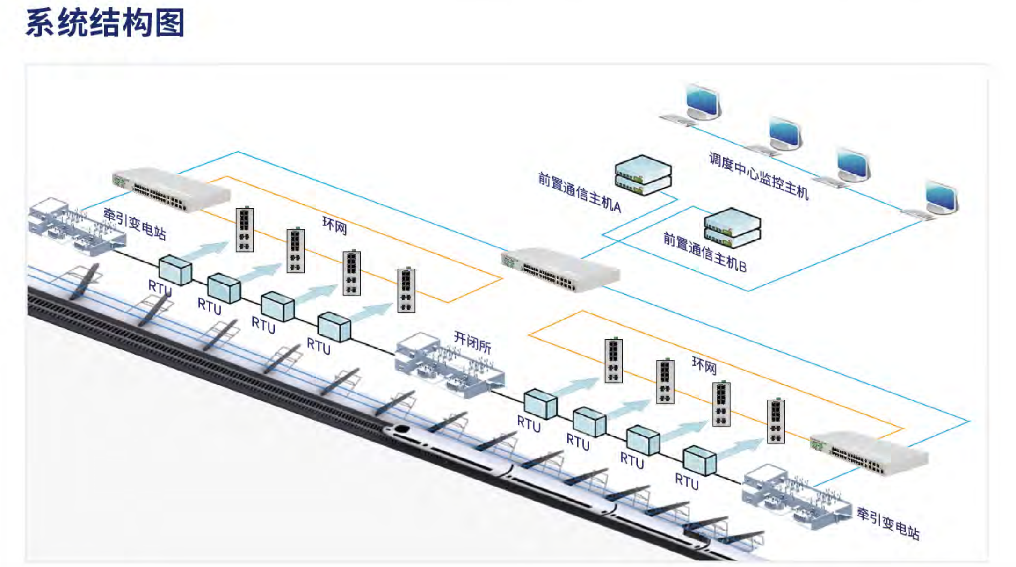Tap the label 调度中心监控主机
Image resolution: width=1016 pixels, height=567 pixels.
758,175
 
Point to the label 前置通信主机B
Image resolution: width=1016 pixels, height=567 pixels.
704,252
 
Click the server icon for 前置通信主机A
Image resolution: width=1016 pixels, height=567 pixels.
643,175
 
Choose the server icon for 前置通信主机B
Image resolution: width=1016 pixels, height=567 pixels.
733,228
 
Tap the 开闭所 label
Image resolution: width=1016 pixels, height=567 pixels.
472,342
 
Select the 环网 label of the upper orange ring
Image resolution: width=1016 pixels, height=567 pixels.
334,225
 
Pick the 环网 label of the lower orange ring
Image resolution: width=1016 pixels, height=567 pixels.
704,365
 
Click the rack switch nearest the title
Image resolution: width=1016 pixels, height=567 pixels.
171,189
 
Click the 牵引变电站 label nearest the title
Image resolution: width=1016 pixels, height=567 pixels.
134,224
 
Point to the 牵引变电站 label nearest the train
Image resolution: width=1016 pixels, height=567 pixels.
888,523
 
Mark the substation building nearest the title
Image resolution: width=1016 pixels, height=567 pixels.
75,227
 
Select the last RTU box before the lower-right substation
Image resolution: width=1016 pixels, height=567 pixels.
699,460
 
